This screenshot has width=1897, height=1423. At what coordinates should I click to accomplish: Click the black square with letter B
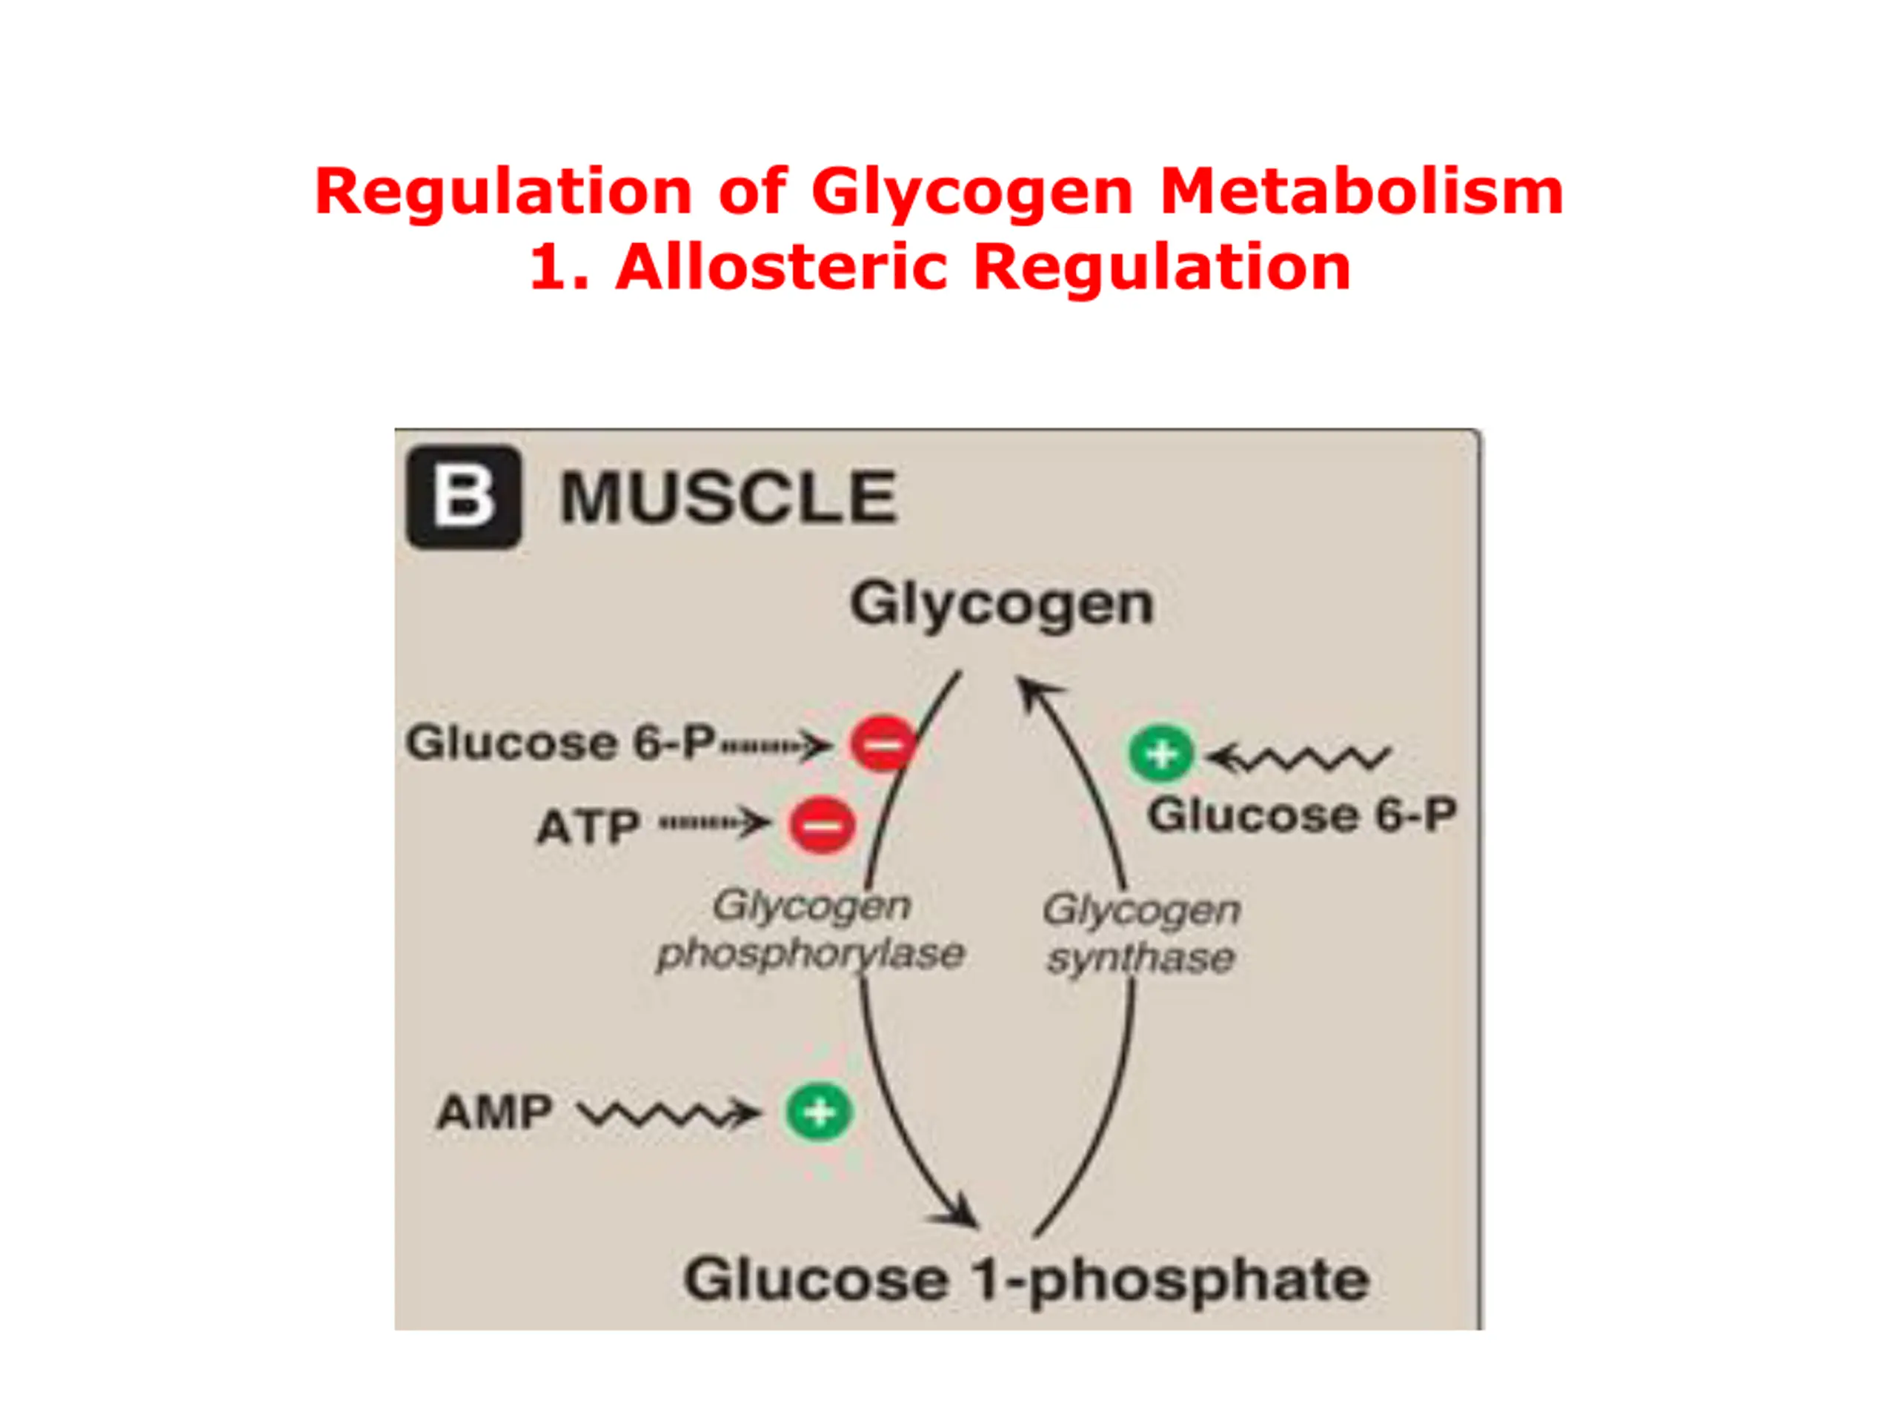(463, 497)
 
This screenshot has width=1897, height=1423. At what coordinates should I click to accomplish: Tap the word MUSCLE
(728, 497)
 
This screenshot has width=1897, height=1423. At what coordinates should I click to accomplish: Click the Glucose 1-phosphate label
(1026, 1281)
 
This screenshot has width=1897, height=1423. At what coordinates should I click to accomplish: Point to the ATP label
(588, 828)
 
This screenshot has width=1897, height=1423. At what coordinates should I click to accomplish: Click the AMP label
(494, 1112)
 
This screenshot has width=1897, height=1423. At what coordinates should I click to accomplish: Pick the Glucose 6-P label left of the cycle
(560, 742)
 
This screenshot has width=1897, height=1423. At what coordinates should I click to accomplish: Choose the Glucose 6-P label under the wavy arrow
(1302, 815)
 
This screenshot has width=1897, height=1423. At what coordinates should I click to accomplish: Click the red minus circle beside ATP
(823, 825)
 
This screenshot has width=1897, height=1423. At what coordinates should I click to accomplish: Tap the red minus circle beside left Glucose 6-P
(883, 743)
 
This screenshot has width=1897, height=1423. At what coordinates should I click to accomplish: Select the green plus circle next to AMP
(819, 1112)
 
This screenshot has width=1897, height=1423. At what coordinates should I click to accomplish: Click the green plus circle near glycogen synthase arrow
(1161, 754)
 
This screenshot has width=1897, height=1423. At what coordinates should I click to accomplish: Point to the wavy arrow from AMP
(669, 1114)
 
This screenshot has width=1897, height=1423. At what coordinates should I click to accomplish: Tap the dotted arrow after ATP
(714, 823)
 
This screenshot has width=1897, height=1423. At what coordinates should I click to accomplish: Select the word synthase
(1140, 958)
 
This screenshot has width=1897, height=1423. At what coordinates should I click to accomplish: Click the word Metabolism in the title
(1362, 191)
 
